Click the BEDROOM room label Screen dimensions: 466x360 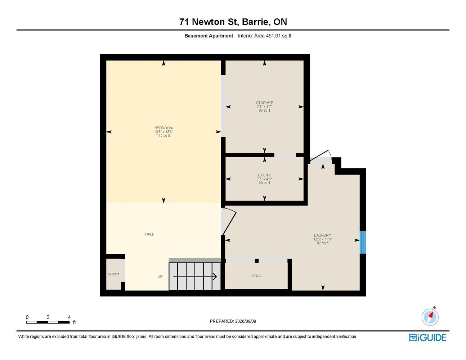(x=163, y=128)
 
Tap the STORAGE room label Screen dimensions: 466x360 (x=264, y=103)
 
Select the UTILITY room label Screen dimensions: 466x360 (x=264, y=175)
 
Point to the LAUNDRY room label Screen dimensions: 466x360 (x=323, y=235)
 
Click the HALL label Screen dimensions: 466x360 (x=149, y=234)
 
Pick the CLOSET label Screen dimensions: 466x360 (x=113, y=274)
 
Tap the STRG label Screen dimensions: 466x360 (x=256, y=276)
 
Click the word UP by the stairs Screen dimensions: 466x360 (x=160, y=276)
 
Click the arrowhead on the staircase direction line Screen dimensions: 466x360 (x=215, y=276)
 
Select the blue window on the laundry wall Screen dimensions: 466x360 (x=363, y=242)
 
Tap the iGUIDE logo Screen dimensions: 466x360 (x=427, y=338)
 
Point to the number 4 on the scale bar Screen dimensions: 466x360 (x=69, y=317)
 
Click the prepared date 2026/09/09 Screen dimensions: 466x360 (x=246, y=321)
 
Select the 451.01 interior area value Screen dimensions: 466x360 (x=273, y=36)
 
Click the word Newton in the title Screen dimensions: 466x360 (x=208, y=22)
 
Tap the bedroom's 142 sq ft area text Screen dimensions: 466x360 (x=163, y=136)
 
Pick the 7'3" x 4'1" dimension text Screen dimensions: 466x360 (x=264, y=179)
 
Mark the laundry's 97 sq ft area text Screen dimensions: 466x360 (x=323, y=243)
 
